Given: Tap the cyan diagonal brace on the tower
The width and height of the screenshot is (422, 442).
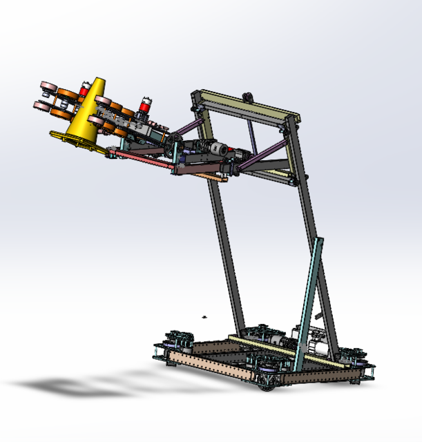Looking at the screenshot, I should (x=309, y=297).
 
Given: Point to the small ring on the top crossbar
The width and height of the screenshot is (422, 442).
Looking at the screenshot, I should (x=246, y=95).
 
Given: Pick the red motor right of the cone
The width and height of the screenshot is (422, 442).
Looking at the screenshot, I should (x=146, y=106).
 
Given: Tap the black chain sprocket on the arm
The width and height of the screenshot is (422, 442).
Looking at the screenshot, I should (x=175, y=145).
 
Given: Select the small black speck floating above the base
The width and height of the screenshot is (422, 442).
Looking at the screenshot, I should (x=204, y=317).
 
